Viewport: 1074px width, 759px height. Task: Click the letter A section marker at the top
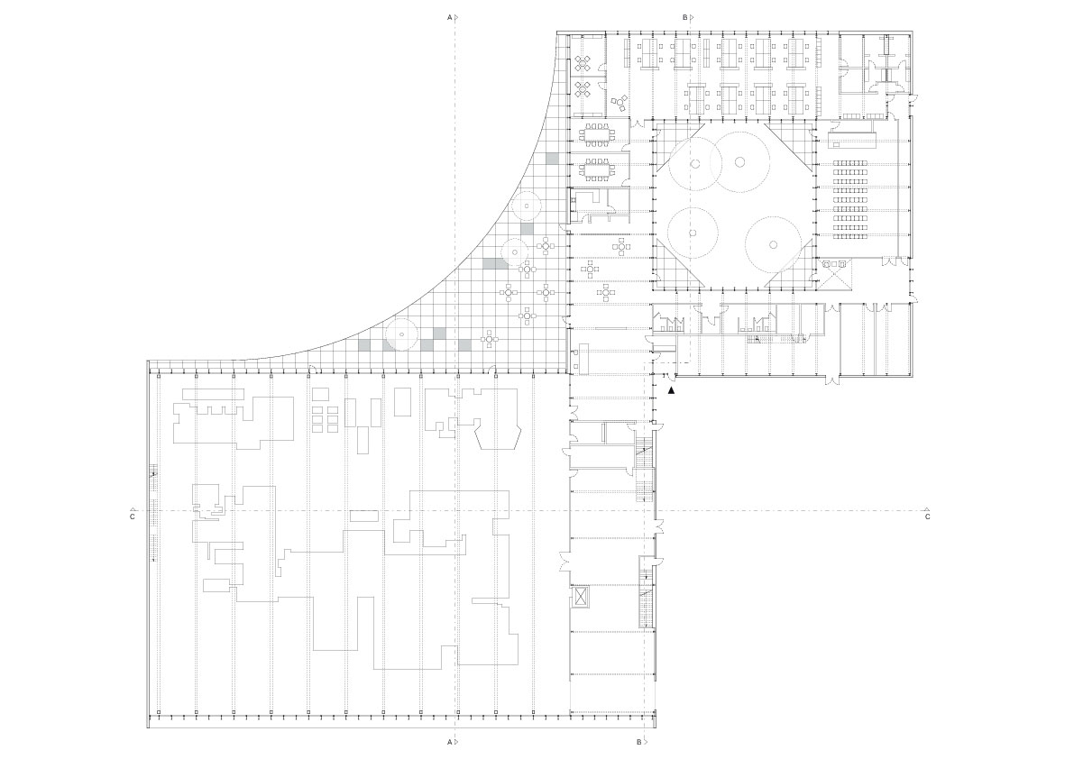(449, 17)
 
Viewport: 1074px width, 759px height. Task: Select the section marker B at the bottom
(638, 743)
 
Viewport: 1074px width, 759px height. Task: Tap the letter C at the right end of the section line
(927, 517)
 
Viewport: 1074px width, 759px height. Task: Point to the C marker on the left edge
(132, 517)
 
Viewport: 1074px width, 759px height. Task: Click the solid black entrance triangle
(671, 390)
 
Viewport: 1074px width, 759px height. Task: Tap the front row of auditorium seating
(849, 163)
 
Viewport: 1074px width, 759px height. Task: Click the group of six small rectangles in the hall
(326, 418)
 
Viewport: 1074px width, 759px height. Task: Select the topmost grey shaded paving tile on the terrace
(551, 159)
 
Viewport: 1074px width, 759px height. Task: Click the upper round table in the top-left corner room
(583, 63)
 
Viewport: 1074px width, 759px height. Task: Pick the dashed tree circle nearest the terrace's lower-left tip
(401, 335)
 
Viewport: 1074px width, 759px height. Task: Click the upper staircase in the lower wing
(644, 475)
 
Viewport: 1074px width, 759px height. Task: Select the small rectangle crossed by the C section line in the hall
(364, 516)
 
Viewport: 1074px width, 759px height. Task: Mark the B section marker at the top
(685, 17)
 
